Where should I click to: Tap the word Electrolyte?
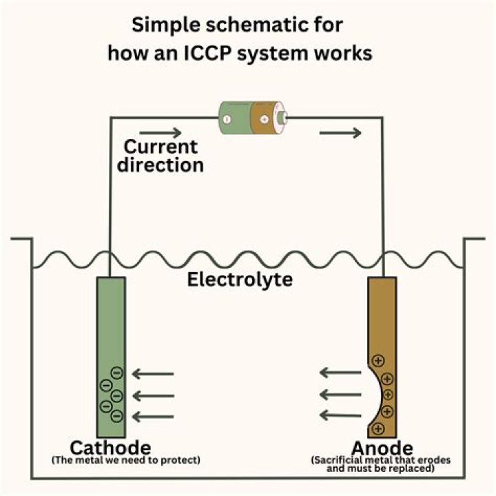click(240, 280)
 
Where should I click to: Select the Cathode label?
click(111, 447)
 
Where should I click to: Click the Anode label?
click(382, 447)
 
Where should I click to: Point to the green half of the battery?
click(234, 117)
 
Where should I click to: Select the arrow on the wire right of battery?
click(341, 132)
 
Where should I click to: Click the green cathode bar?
click(112, 331)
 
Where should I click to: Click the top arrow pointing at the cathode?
click(153, 375)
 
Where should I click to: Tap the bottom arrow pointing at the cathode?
click(153, 416)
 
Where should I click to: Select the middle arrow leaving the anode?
click(340, 395)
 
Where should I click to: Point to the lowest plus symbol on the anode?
click(378, 428)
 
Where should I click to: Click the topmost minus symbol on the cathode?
click(116, 373)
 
